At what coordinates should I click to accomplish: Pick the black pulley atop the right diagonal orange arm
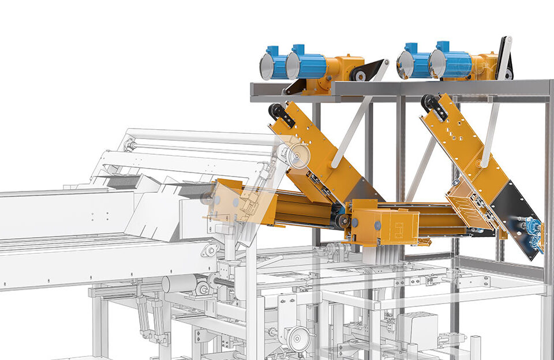430,103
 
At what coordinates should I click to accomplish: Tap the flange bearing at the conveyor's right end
210,250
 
